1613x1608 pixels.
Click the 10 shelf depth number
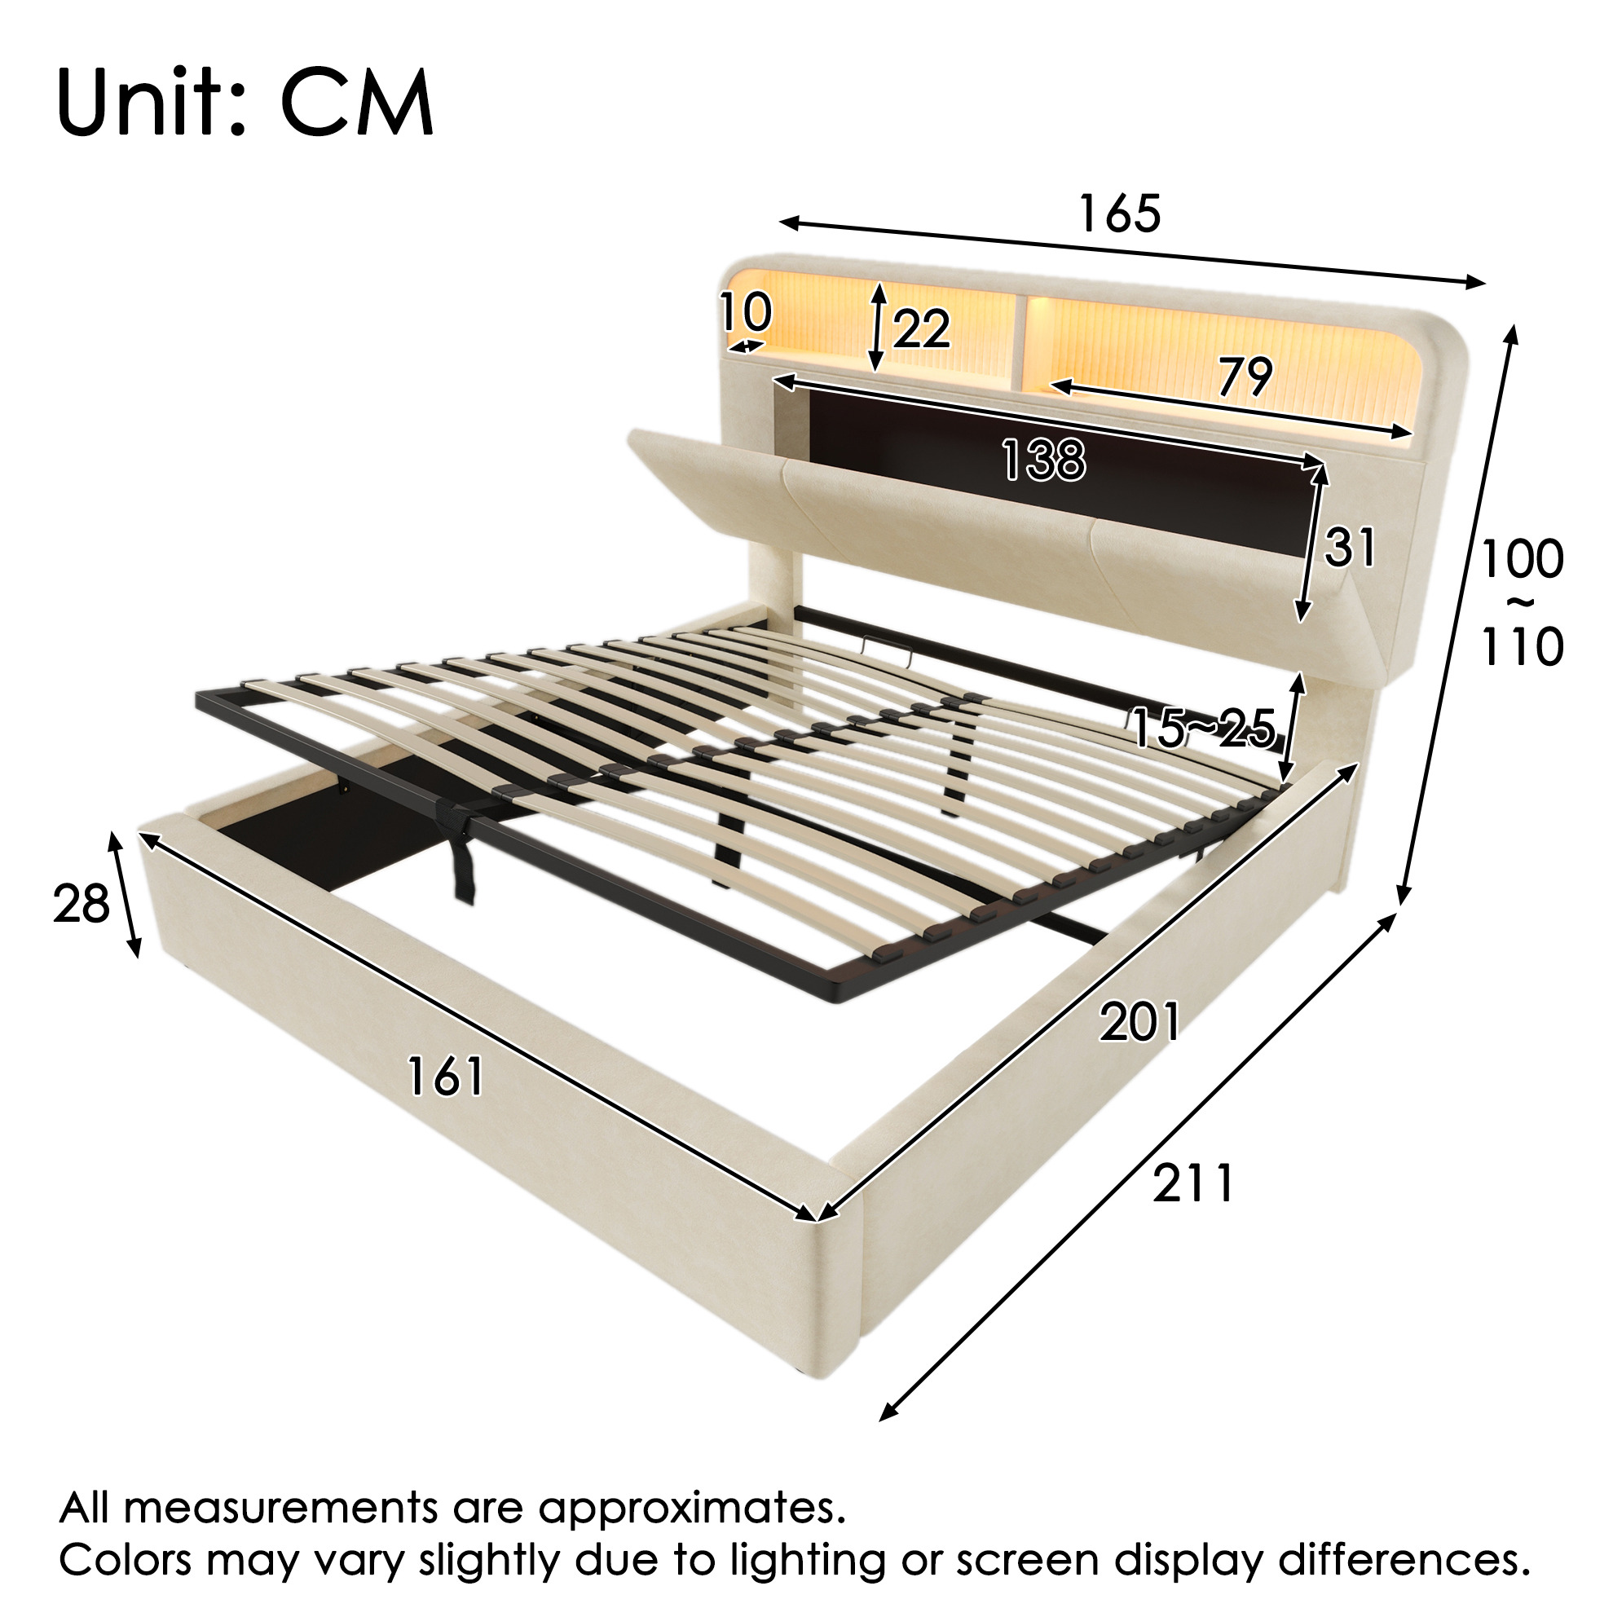(746, 312)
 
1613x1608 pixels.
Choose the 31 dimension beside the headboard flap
(1349, 548)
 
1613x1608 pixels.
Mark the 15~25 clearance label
(1203, 728)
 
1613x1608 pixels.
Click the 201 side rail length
(1139, 1022)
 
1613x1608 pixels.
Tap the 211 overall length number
(1193, 1184)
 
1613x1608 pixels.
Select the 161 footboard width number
(446, 1076)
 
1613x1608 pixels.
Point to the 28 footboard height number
(81, 903)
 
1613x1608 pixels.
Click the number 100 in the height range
(1522, 558)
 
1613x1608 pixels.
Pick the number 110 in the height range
(1522, 646)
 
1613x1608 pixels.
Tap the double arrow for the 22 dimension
(877, 327)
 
